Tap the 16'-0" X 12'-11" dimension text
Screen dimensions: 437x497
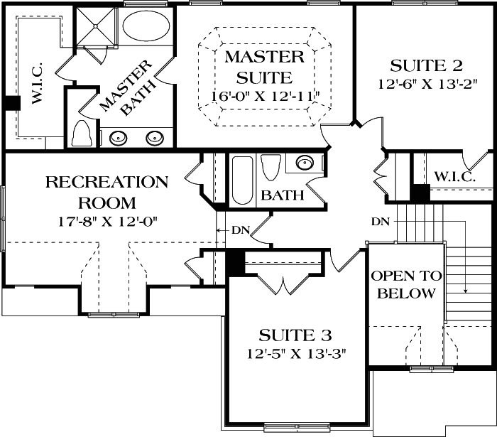pos(266,95)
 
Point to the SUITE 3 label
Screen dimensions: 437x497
pos(295,334)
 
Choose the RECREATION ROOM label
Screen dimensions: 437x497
pos(106,191)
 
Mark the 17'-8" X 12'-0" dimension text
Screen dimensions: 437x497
pos(107,220)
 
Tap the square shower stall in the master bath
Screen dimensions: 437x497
pos(97,27)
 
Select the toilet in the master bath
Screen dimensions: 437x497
pos(82,134)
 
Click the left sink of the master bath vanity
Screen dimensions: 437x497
pos(115,138)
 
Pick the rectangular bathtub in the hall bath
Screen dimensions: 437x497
pos(241,180)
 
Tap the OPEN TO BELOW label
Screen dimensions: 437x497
pos(406,284)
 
